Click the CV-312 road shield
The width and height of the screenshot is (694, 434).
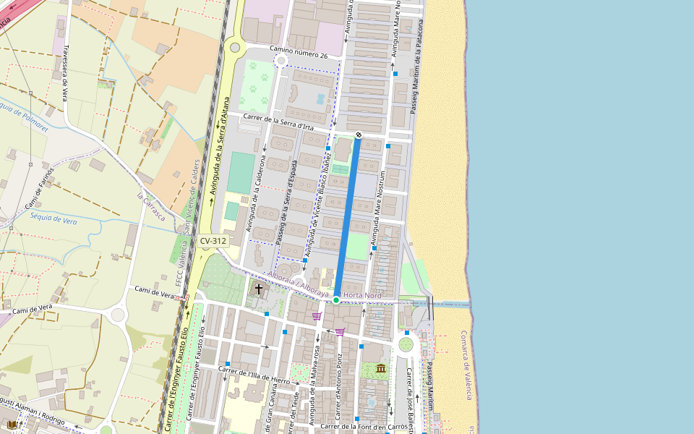(213, 241)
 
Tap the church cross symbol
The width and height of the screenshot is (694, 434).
(259, 289)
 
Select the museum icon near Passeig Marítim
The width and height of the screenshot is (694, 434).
(381, 368)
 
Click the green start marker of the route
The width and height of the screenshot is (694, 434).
(336, 299)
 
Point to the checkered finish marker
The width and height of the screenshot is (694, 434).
(358, 135)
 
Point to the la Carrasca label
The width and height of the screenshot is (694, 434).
(150, 207)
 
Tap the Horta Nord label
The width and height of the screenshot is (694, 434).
(362, 295)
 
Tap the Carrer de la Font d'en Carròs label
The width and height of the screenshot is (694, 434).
(364, 427)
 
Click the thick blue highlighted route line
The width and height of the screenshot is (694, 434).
(348, 217)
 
